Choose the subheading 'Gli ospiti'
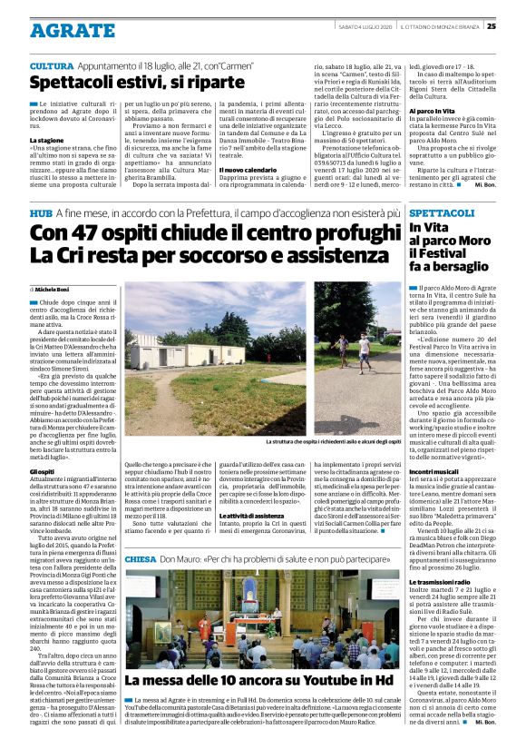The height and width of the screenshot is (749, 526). pyautogui.click(x=43, y=472)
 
